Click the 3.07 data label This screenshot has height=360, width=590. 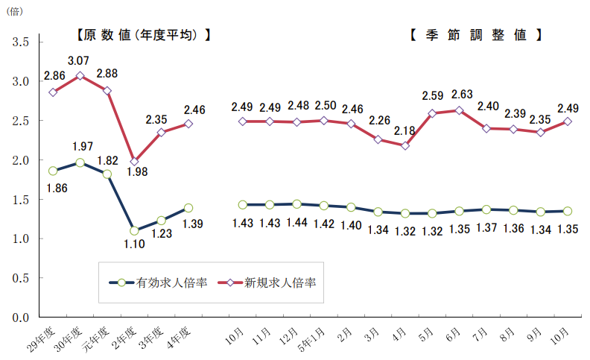79,60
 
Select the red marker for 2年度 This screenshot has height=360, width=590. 134,161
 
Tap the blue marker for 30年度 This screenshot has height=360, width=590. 80,162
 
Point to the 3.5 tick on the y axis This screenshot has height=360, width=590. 20,42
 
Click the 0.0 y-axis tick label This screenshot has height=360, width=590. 20,318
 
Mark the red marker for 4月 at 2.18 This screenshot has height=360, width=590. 405,145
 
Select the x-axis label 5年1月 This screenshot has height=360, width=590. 312,338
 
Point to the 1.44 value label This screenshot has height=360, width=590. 297,223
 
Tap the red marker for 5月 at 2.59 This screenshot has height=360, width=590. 432,113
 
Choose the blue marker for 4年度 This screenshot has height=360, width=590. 188,208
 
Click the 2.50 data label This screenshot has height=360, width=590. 326,105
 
